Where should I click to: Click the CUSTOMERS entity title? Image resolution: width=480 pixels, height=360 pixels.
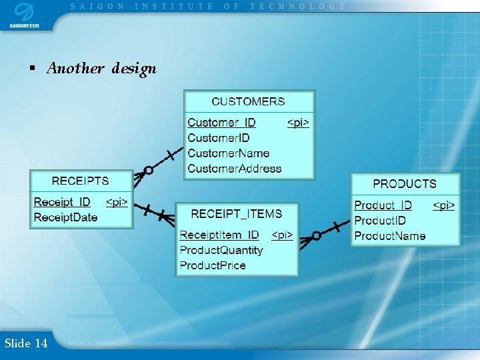[x=248, y=101]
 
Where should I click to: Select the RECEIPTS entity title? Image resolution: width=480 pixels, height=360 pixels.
[x=80, y=181]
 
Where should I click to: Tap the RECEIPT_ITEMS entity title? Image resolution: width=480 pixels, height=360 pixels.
[x=237, y=213]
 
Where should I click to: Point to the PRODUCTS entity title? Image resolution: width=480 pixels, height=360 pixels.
[x=405, y=183]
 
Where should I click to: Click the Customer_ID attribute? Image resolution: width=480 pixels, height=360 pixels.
[x=221, y=123]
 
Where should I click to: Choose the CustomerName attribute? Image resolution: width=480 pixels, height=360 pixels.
[x=229, y=153]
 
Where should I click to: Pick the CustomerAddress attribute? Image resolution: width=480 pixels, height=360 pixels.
[x=235, y=169]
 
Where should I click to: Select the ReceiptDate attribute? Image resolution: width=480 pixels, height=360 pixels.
[x=65, y=217]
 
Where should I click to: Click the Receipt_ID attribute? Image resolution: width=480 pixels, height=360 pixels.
[x=62, y=202]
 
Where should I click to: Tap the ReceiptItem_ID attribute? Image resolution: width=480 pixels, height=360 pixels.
[x=219, y=235]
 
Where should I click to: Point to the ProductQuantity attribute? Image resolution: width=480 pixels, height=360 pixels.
[x=221, y=250]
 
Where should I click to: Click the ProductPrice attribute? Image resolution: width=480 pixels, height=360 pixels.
[x=213, y=265]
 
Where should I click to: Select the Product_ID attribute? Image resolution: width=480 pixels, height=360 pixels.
[x=383, y=205]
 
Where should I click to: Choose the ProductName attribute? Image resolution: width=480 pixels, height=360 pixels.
[x=390, y=236]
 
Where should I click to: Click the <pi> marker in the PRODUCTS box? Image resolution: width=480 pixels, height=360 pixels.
[x=444, y=205]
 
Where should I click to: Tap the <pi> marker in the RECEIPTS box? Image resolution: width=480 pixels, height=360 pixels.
[x=117, y=202]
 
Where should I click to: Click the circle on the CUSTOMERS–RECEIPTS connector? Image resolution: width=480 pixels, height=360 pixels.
[x=149, y=171]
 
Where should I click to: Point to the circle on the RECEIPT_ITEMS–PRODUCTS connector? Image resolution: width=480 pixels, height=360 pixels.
[x=316, y=235]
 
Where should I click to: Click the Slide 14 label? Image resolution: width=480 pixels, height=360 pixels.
[x=26, y=343]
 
